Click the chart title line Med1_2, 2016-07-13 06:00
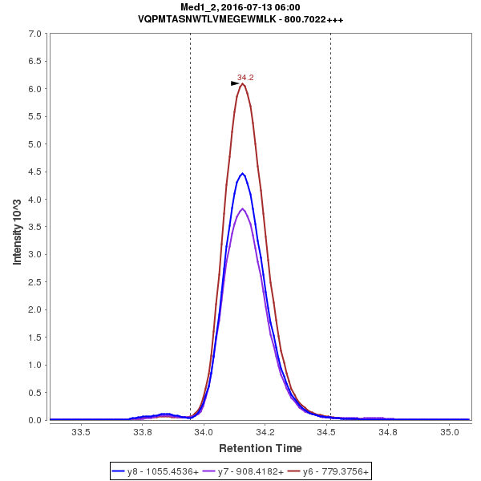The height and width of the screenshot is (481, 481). click(x=240, y=7)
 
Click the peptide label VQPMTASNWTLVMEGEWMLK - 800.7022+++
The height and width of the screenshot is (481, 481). click(x=240, y=19)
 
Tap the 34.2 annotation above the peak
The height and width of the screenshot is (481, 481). click(x=245, y=77)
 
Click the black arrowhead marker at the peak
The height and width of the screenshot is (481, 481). click(x=235, y=83)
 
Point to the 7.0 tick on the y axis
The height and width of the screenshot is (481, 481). click(x=34, y=34)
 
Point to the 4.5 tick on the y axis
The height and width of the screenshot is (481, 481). click(x=34, y=172)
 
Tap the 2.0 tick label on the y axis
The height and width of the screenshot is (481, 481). click(x=34, y=309)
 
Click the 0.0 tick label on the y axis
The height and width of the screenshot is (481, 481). click(x=34, y=420)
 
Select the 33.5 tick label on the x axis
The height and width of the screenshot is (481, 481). click(x=81, y=432)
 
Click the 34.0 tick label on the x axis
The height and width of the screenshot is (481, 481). click(x=204, y=432)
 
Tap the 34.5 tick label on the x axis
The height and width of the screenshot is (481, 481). click(x=326, y=432)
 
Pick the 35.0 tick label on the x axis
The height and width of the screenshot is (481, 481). click(x=449, y=432)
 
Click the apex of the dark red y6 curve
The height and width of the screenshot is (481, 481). click(x=242, y=83)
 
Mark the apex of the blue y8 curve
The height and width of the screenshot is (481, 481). click(x=242, y=173)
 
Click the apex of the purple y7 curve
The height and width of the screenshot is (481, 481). click(x=242, y=208)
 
